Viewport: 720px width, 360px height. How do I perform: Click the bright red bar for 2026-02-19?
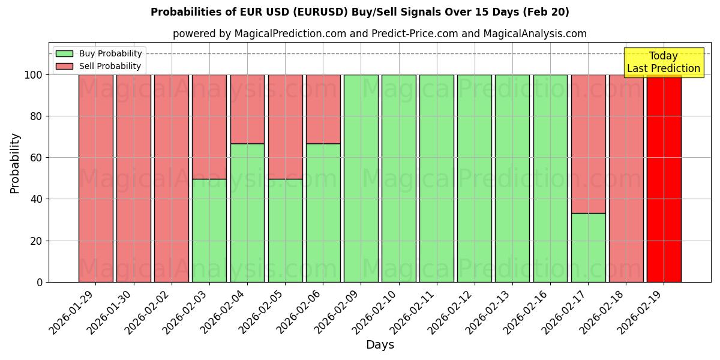click(x=664, y=178)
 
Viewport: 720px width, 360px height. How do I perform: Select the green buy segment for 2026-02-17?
click(x=588, y=247)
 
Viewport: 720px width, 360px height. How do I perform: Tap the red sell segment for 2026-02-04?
click(x=247, y=109)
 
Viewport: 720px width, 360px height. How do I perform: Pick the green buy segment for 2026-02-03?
click(x=209, y=230)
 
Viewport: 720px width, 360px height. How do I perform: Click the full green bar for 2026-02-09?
click(x=361, y=178)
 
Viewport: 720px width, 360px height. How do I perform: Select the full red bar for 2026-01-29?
click(x=95, y=178)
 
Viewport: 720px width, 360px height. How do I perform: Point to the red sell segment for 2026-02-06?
click(x=323, y=109)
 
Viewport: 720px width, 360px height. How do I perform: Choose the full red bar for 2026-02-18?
click(x=626, y=178)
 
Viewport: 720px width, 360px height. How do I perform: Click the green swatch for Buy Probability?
click(x=64, y=54)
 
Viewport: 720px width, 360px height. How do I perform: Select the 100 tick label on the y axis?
click(x=34, y=75)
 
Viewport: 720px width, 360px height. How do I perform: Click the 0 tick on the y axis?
click(x=40, y=282)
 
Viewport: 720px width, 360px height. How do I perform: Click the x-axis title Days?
click(x=380, y=345)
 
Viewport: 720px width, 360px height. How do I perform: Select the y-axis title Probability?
click(x=15, y=163)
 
